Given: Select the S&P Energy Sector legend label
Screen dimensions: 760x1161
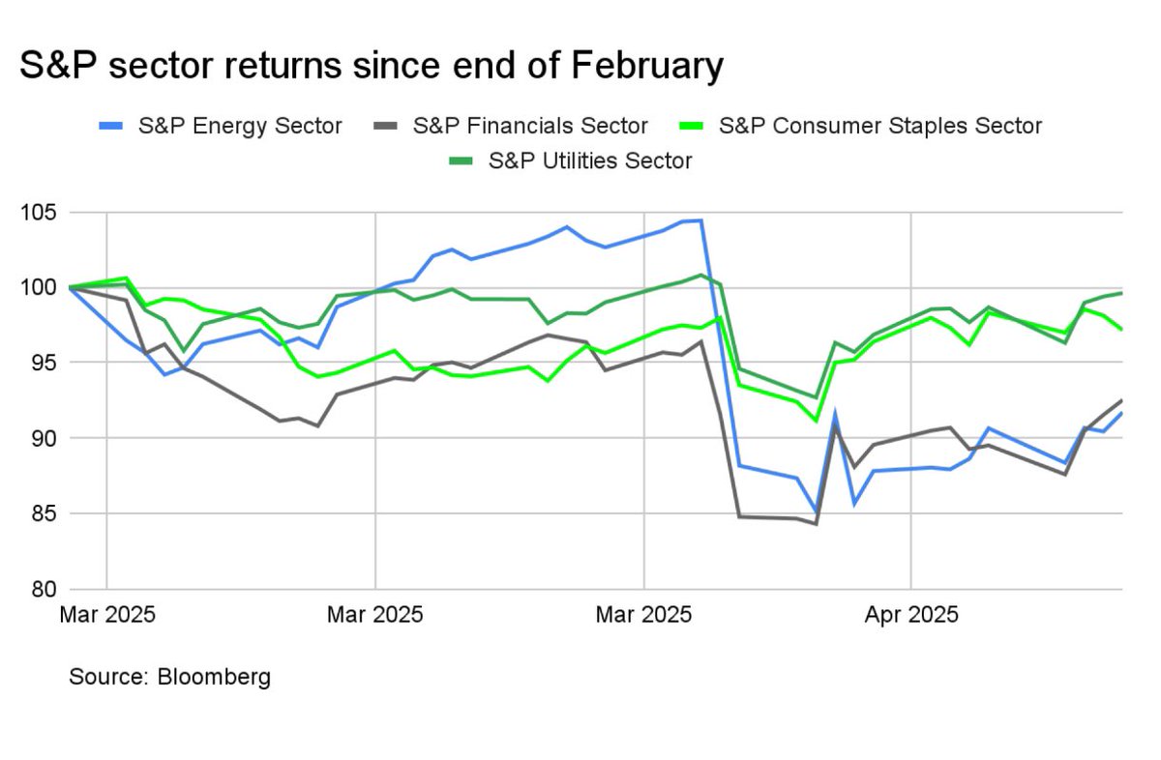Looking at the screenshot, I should tap(241, 126).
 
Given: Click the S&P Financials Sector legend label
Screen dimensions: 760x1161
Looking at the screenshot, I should tap(529, 126).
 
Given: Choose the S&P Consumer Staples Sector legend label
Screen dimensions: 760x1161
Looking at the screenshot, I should tap(880, 126).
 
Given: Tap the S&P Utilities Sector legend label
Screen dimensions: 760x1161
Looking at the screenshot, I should tap(590, 161).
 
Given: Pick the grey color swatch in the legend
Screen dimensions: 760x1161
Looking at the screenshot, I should tap(383, 126).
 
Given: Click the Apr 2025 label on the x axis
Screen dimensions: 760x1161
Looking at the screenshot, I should tap(911, 615).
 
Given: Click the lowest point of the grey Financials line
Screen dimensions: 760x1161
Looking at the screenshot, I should tap(816, 524).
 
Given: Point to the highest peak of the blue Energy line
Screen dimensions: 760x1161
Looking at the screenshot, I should tap(700, 220).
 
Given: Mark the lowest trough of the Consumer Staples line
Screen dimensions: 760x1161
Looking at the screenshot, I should tap(816, 421).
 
